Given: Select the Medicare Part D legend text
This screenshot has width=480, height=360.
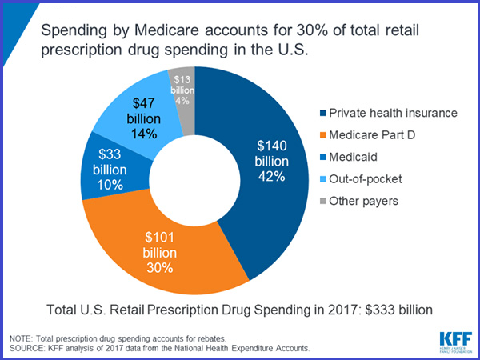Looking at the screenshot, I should [377, 134].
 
